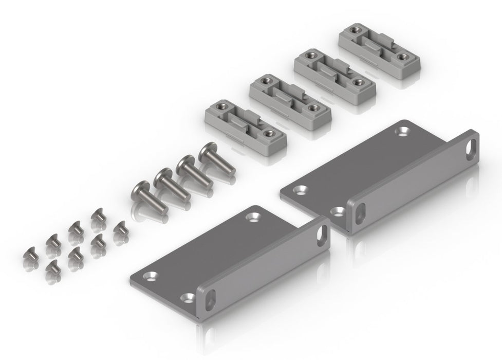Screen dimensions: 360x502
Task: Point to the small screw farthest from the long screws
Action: pos(30,254)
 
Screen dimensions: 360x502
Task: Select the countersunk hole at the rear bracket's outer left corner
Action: pos(298,190)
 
